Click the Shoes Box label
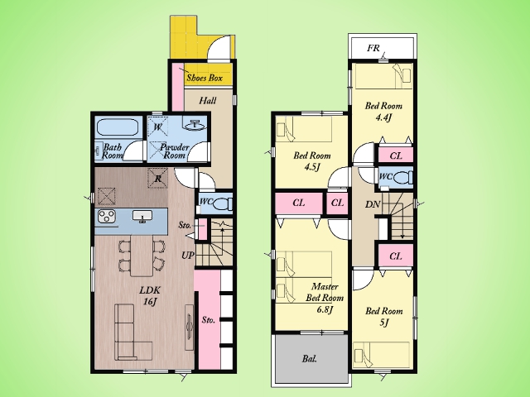click(x=205, y=78)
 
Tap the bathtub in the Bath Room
click(x=118, y=127)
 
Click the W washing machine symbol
click(x=157, y=127)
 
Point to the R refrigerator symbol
click(x=158, y=179)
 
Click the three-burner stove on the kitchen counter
click(x=107, y=217)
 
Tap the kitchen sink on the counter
click(x=142, y=217)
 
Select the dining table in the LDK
click(x=142, y=256)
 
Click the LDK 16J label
click(x=150, y=296)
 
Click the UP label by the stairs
click(x=188, y=256)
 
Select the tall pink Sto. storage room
click(x=210, y=320)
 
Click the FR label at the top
click(x=373, y=48)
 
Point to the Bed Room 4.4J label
click(x=383, y=112)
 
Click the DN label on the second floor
click(x=373, y=204)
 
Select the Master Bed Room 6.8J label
click(x=325, y=298)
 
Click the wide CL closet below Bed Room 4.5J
click(x=298, y=203)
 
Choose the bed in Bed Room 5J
click(x=381, y=355)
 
